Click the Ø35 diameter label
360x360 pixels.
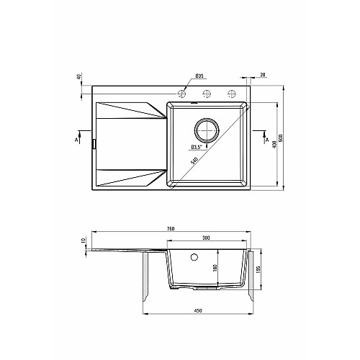tap(199, 76)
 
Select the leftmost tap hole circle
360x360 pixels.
tap(182, 94)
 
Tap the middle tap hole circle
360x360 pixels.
tap(207, 94)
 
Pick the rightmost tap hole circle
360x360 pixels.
tap(232, 94)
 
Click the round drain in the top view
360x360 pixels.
tap(207, 130)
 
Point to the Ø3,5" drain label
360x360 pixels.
tap(197, 147)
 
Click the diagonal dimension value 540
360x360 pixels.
tap(194, 161)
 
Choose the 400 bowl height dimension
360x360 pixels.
tap(275, 144)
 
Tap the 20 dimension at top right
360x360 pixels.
tap(263, 75)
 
